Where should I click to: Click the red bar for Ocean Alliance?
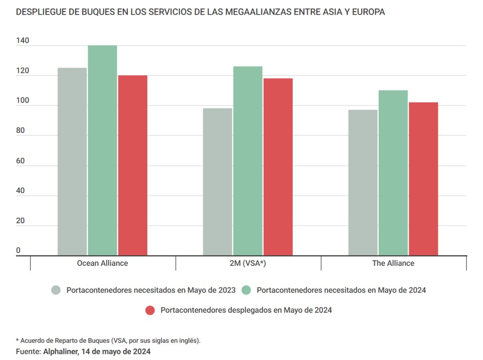pos(133,165)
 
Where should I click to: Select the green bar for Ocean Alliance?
pos(103,150)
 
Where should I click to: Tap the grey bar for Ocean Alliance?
pos(72,161)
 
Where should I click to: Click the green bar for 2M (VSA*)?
pos(248,161)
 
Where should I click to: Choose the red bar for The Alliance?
pos(423,179)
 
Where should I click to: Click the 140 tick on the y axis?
pos(22,40)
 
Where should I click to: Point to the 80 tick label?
pos(20,130)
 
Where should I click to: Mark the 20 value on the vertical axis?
pos(20,220)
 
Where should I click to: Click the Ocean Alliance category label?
pos(103,263)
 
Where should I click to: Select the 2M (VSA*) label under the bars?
pos(248,263)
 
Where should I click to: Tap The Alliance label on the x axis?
pos(393,263)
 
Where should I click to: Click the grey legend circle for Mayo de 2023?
pos(56,290)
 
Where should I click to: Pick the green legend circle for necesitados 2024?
pos(247,290)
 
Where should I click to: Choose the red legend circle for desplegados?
pos(150,310)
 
